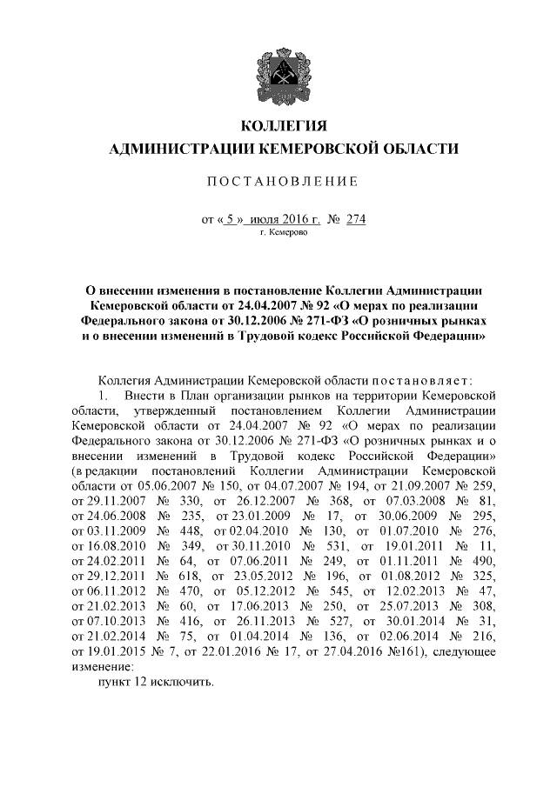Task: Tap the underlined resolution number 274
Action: [355, 219]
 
